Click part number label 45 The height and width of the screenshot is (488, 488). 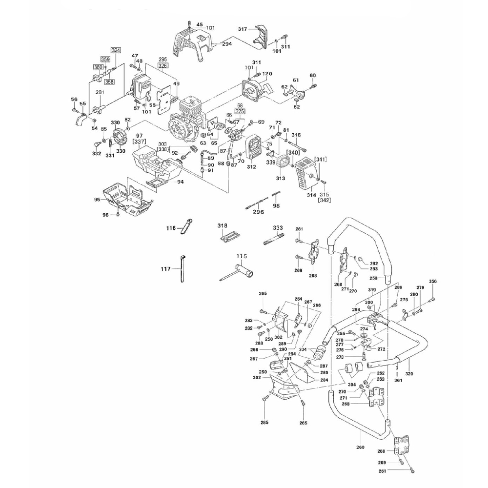coord(199,24)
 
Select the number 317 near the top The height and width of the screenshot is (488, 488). coord(243,29)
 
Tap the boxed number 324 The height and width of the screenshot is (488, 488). coord(115,50)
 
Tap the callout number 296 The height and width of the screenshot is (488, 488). coord(258,212)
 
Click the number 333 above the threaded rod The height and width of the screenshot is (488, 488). coord(278,228)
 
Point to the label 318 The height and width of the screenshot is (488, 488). coord(223,225)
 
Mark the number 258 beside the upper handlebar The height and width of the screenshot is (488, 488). coord(374,278)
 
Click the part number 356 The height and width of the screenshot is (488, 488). coord(433,282)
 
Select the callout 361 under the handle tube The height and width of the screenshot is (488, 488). coord(398,380)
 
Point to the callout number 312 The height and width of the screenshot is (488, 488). coord(251,167)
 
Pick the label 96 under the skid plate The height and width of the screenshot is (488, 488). coord(105,214)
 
